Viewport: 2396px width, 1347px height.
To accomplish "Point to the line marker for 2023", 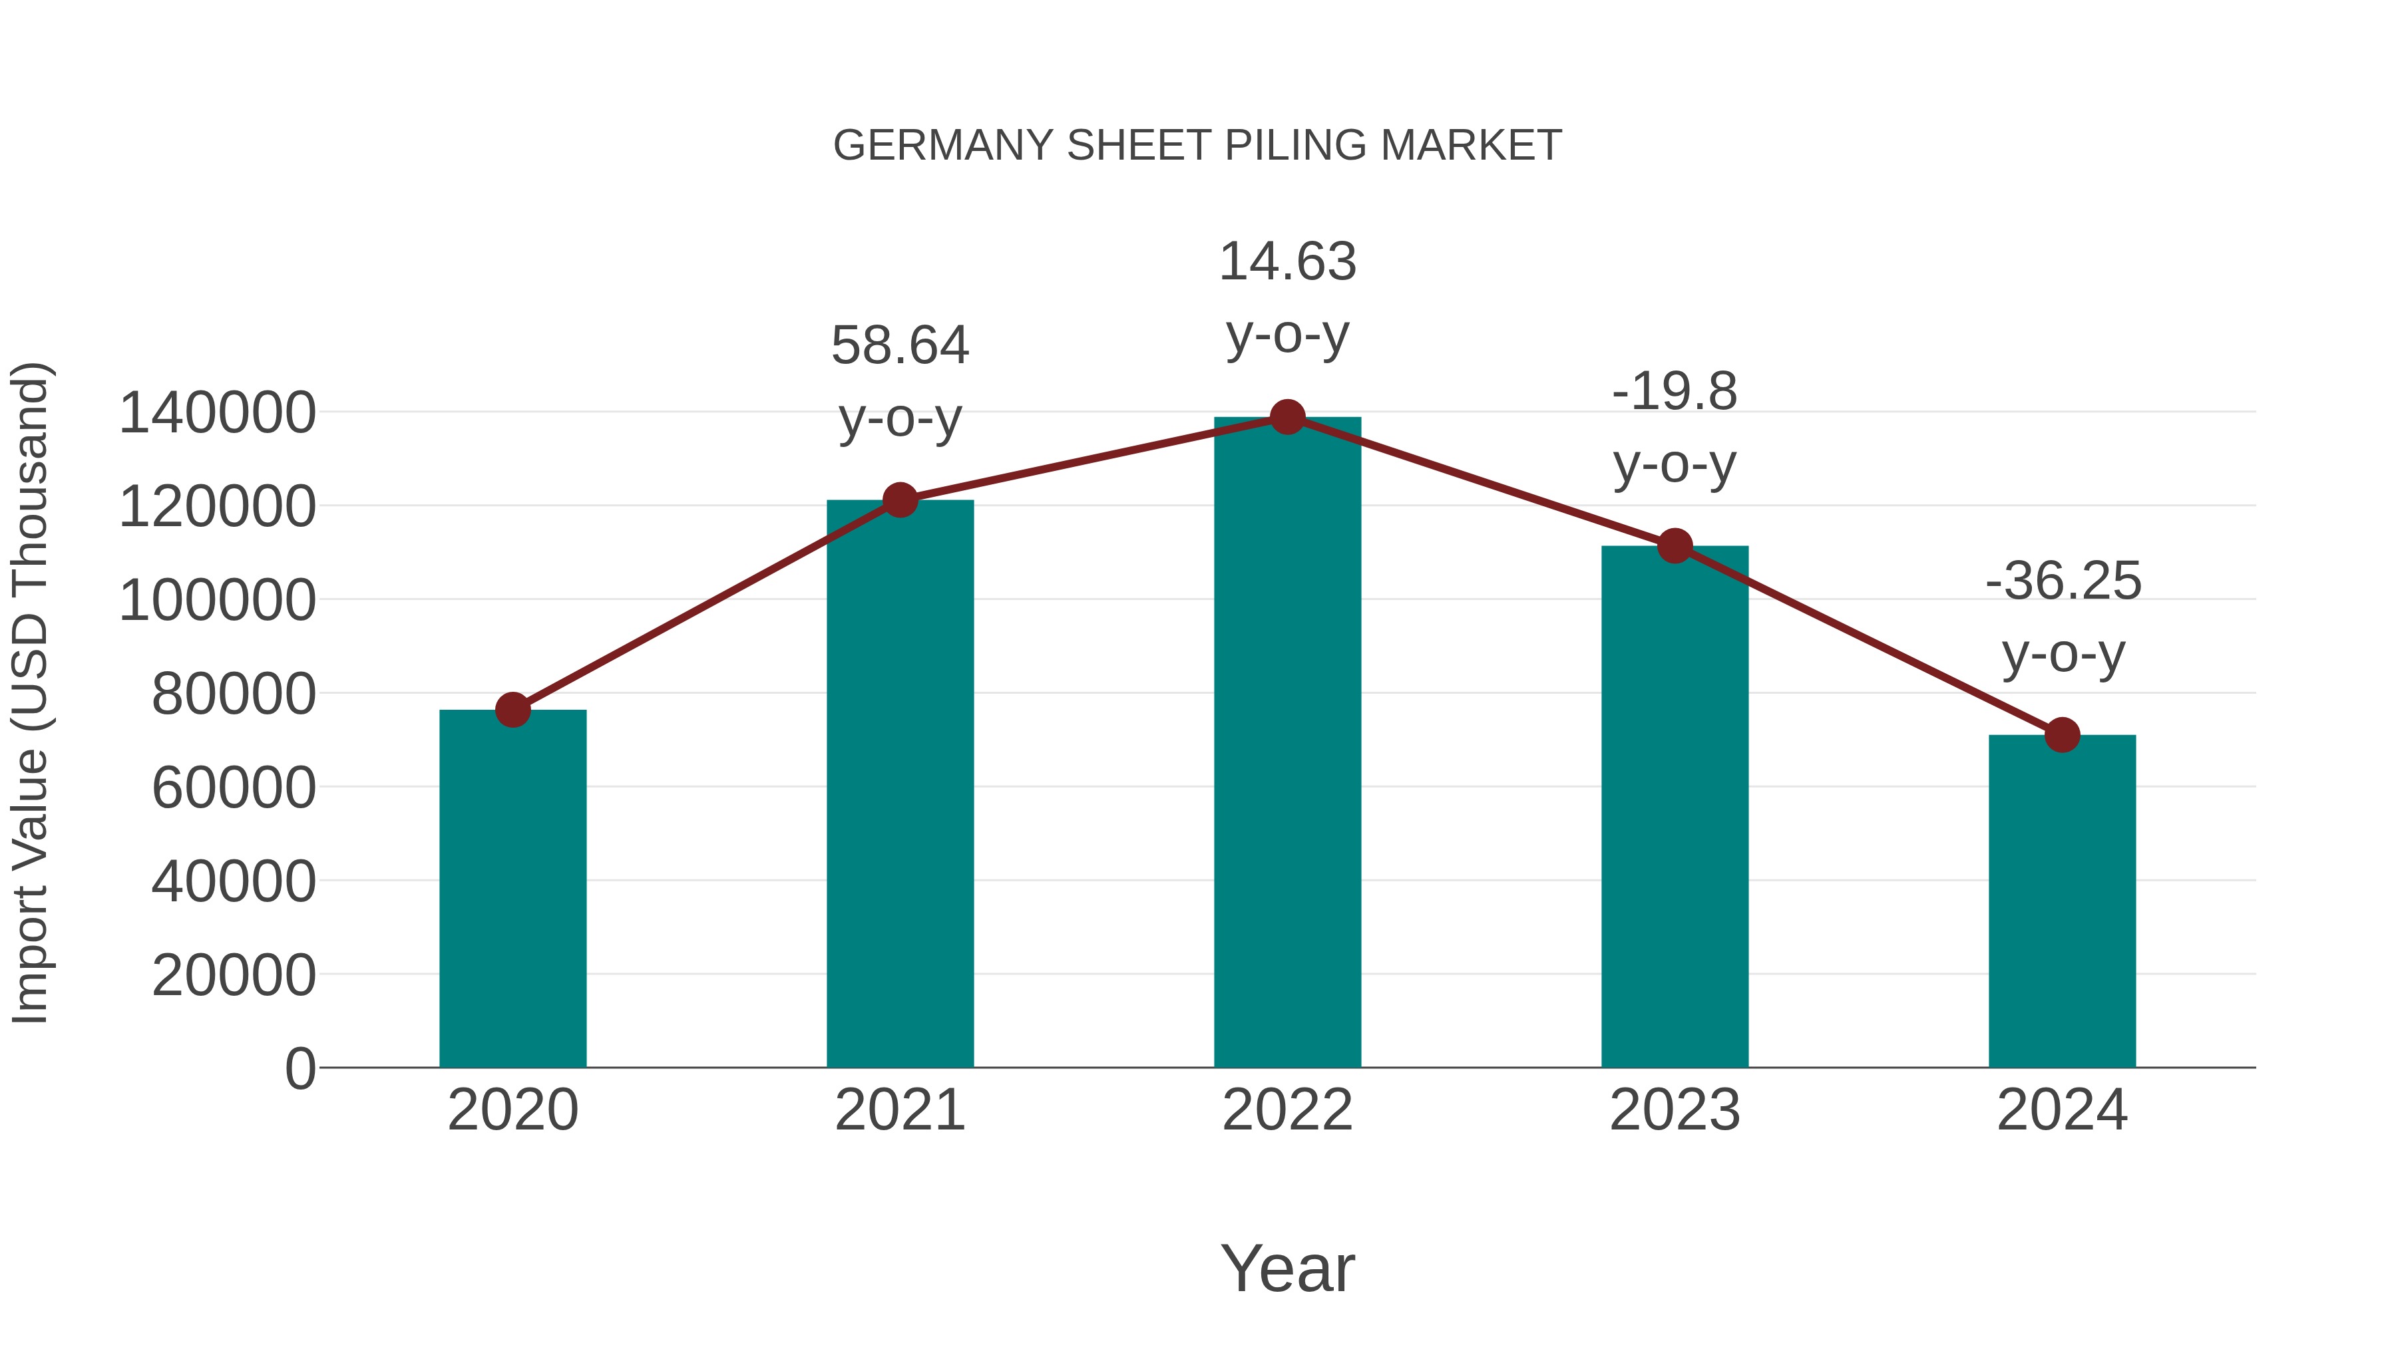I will click(1675, 545).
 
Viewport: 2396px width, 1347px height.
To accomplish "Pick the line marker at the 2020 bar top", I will click(512, 710).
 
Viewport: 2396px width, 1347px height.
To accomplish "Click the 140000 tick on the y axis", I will click(218, 412).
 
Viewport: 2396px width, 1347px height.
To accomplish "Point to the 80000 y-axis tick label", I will click(234, 694).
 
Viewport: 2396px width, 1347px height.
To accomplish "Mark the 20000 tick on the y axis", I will click(234, 975).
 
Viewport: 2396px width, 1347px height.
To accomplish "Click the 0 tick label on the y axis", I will click(300, 1068).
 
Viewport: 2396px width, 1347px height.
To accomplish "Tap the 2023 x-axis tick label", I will click(1675, 1110).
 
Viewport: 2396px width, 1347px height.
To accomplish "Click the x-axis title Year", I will click(1287, 1268).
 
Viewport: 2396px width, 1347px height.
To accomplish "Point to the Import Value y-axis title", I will click(31, 694).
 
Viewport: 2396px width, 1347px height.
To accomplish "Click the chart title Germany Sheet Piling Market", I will click(1197, 146).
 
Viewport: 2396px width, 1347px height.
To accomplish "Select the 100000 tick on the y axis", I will click(218, 601).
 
